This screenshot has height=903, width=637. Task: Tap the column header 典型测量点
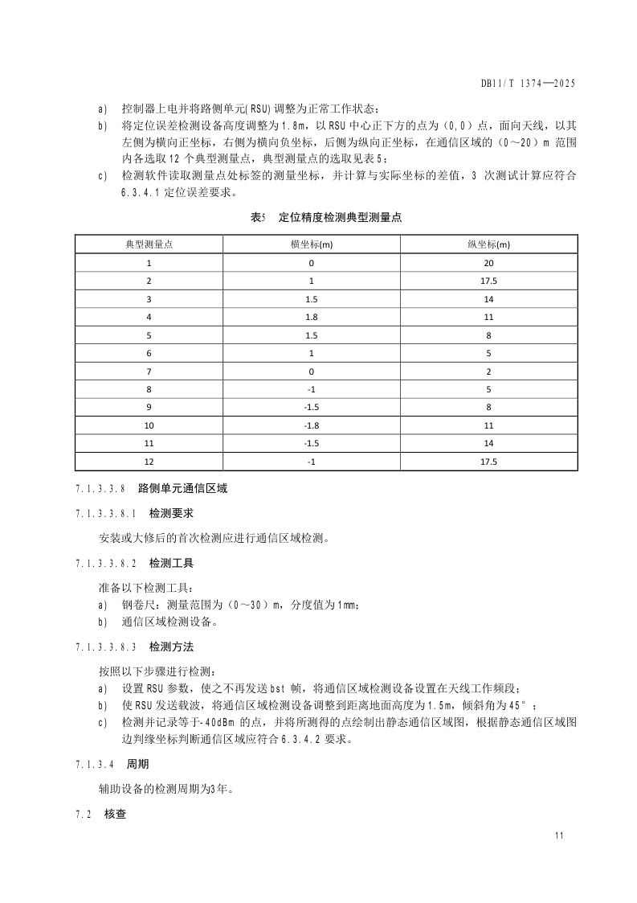149,244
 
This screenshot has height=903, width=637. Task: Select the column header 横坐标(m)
311,244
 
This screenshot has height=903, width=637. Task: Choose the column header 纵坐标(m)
488,244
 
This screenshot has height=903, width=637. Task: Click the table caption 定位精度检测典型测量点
340,217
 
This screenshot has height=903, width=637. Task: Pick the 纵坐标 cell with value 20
488,263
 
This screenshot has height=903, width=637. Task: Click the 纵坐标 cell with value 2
488,371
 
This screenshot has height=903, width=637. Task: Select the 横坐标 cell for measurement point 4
311,317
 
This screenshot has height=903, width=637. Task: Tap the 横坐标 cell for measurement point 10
311,425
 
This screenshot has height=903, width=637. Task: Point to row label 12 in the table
149,462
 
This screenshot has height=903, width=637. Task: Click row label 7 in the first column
149,371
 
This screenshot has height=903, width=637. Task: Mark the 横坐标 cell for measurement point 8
311,389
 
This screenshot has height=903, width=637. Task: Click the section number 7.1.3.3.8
100,488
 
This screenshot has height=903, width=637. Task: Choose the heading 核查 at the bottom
116,815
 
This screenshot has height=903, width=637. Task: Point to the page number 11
559,836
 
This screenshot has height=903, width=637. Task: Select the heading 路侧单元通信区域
182,488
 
